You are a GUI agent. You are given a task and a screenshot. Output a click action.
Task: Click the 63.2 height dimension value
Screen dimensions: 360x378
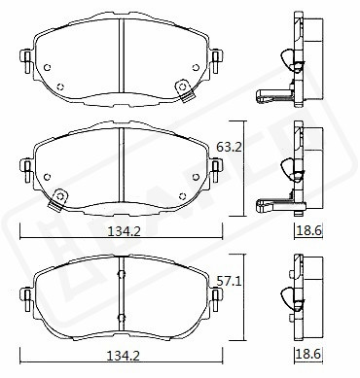(230, 148)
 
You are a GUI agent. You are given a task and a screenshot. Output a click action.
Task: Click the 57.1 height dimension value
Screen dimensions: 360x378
(230, 282)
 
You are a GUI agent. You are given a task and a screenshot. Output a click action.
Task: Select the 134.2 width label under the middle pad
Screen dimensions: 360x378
(124, 231)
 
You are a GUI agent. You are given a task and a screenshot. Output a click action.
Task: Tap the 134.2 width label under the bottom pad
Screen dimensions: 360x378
(124, 357)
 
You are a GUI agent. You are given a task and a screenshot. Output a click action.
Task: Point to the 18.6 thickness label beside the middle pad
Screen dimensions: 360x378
(309, 231)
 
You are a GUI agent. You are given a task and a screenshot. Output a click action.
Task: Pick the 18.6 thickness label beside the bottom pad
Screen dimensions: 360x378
(309, 354)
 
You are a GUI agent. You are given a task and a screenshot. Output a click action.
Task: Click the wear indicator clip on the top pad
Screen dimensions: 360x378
(184, 90)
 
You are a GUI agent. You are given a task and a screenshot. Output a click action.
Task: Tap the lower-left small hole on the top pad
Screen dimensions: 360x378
(60, 86)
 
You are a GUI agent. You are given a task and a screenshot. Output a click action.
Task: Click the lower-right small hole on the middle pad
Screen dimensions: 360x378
(183, 196)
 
